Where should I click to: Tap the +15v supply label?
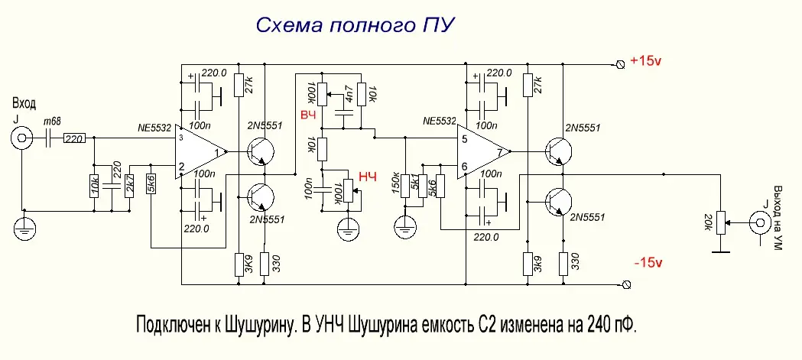click(647, 62)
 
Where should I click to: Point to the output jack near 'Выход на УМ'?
click(761, 224)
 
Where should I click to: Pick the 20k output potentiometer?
click(719, 224)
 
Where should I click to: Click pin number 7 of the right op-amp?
click(500, 151)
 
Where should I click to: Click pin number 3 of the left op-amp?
click(181, 138)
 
